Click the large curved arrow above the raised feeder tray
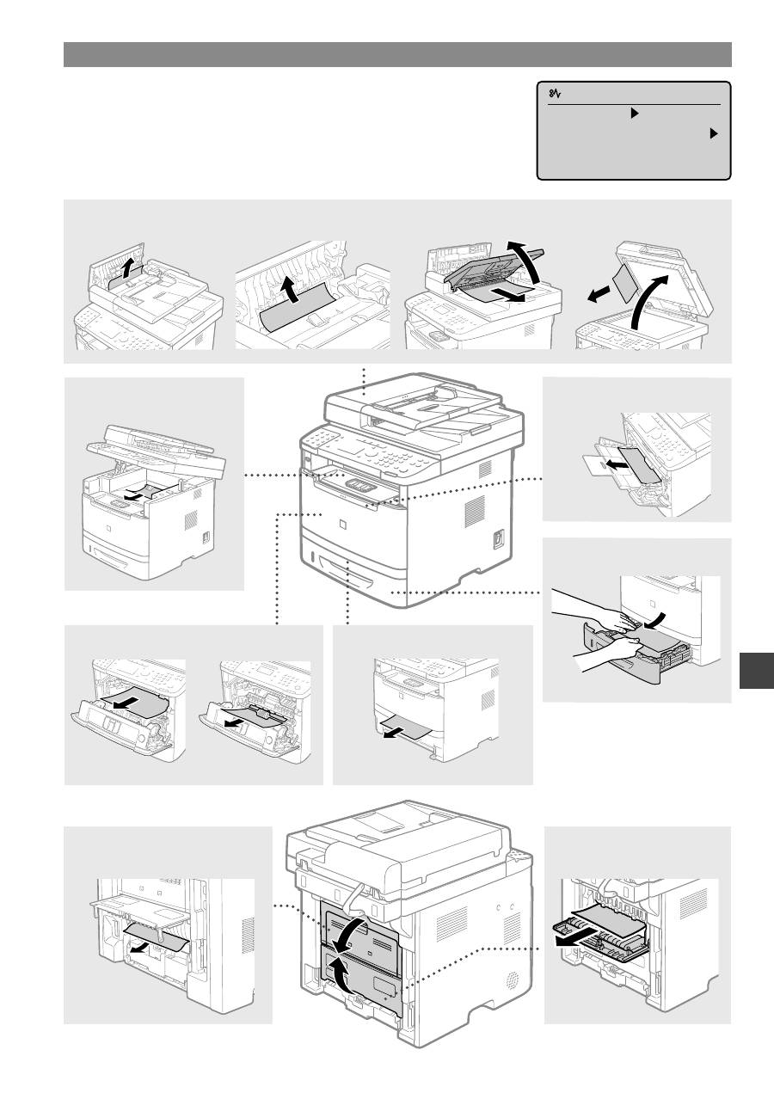tap(532, 267)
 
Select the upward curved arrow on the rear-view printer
tap(344, 976)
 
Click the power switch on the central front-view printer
tap(499, 539)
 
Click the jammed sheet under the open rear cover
tap(155, 936)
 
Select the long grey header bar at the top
tap(397, 54)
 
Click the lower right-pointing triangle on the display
tap(713, 133)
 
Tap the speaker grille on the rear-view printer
tap(514, 980)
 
